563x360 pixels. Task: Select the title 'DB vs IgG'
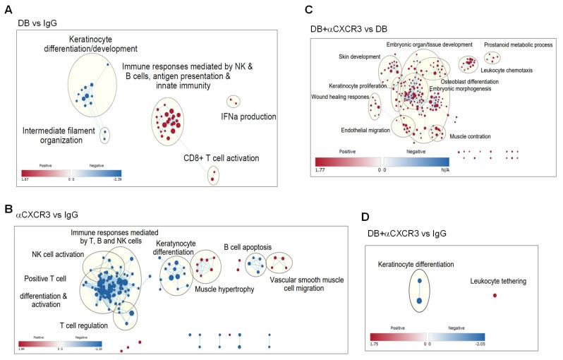pos(36,23)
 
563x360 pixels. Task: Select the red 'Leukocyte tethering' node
pos(495,296)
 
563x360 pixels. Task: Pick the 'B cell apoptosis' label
pos(250,248)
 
